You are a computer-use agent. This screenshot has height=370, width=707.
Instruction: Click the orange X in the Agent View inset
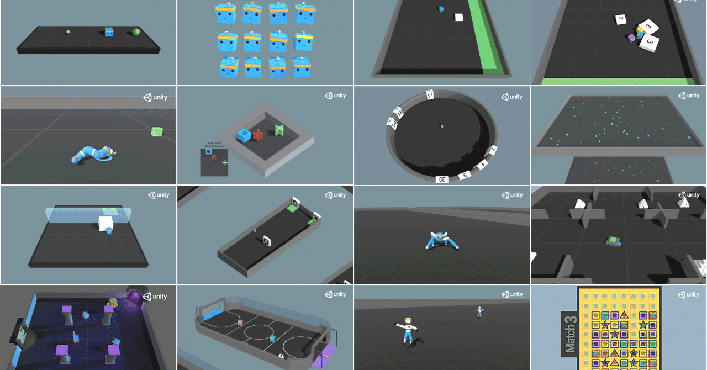214,157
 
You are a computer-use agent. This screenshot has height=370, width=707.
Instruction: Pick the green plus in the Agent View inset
225,162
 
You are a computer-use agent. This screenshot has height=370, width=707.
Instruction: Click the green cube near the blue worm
157,131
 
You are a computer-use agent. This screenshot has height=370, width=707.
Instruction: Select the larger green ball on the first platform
136,32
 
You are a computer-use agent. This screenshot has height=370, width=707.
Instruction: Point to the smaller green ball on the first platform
68,32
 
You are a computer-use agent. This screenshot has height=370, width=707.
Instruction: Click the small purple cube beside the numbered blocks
632,38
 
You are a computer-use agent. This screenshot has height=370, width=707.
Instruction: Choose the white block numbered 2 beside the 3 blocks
621,20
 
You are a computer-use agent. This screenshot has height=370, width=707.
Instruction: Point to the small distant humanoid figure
479,311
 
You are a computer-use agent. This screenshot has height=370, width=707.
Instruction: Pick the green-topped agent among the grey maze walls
613,241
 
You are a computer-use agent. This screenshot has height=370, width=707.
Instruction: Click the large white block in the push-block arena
105,223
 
